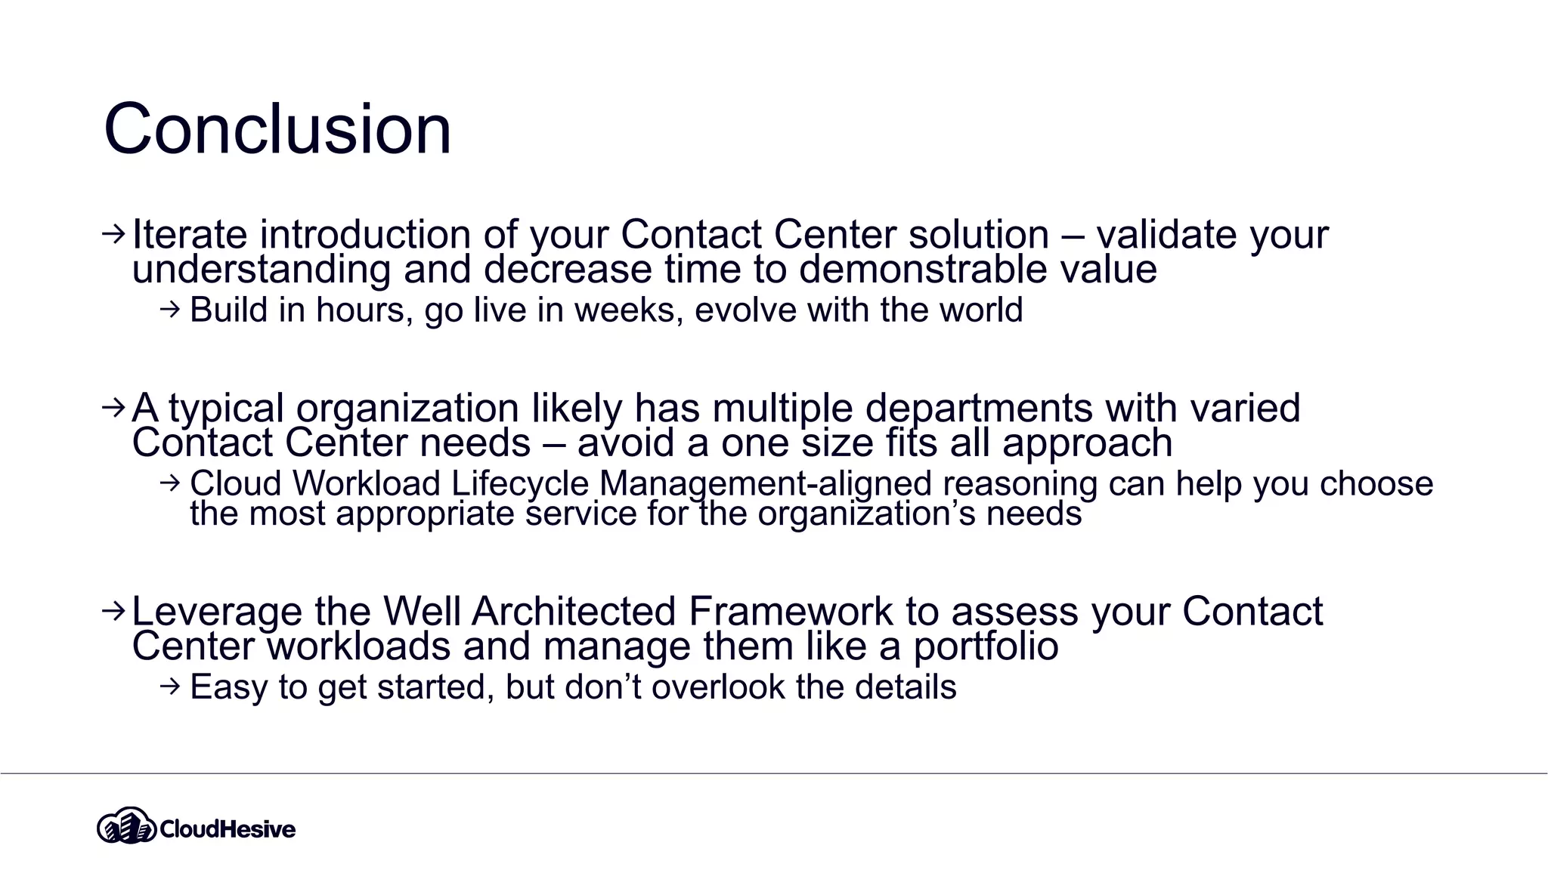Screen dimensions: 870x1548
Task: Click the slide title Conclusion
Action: click(x=277, y=129)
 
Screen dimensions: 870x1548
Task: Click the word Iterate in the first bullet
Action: click(x=189, y=234)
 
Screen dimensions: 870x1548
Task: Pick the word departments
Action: click(x=979, y=409)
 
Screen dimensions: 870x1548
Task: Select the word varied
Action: click(x=1245, y=408)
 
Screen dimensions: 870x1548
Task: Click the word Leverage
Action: click(x=217, y=612)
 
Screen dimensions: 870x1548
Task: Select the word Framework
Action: click(x=791, y=611)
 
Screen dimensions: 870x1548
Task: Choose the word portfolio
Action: click(x=986, y=646)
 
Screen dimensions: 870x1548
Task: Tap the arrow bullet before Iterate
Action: click(x=113, y=234)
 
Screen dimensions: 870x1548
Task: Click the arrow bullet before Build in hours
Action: click(x=171, y=309)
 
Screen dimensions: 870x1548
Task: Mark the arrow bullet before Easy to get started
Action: click(x=171, y=686)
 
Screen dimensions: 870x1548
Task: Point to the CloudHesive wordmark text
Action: click(x=228, y=829)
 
